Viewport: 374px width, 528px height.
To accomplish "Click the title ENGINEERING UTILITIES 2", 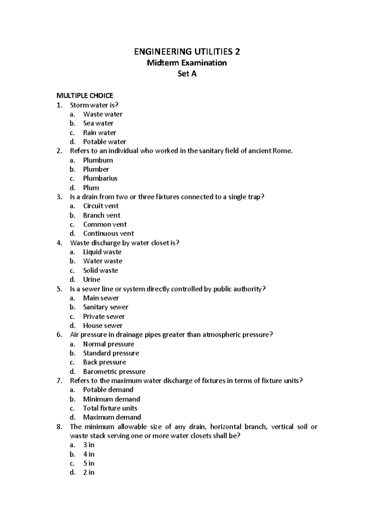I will tap(187, 51).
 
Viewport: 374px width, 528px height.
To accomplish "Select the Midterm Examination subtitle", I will tap(187, 63).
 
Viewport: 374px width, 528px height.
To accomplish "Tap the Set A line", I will tap(187, 74).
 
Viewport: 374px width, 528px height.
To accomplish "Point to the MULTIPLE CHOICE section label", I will tap(84, 96).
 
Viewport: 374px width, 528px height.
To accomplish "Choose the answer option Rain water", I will tap(99, 133).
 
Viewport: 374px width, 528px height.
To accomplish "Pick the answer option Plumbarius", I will tap(100, 178).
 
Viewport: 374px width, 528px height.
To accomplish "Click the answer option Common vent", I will tap(105, 224).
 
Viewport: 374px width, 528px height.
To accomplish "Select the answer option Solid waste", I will tap(100, 270).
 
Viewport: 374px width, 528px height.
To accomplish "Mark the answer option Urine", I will tap(92, 280).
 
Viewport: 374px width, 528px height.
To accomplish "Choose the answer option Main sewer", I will tap(101, 298).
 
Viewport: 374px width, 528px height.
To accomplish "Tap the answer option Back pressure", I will tap(104, 362).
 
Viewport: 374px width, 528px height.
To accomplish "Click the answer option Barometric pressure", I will tap(114, 371).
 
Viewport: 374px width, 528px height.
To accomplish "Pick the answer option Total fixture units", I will tap(110, 408).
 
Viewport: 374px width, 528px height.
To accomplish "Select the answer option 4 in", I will tap(89, 454).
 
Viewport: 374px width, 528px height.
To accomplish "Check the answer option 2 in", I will tap(89, 473).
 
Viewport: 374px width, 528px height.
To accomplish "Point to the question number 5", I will tap(59, 289).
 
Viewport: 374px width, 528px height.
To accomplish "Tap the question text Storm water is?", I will tap(94, 105).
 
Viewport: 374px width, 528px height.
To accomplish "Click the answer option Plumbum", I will tap(98, 160).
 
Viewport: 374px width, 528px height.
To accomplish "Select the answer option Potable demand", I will tap(108, 390).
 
